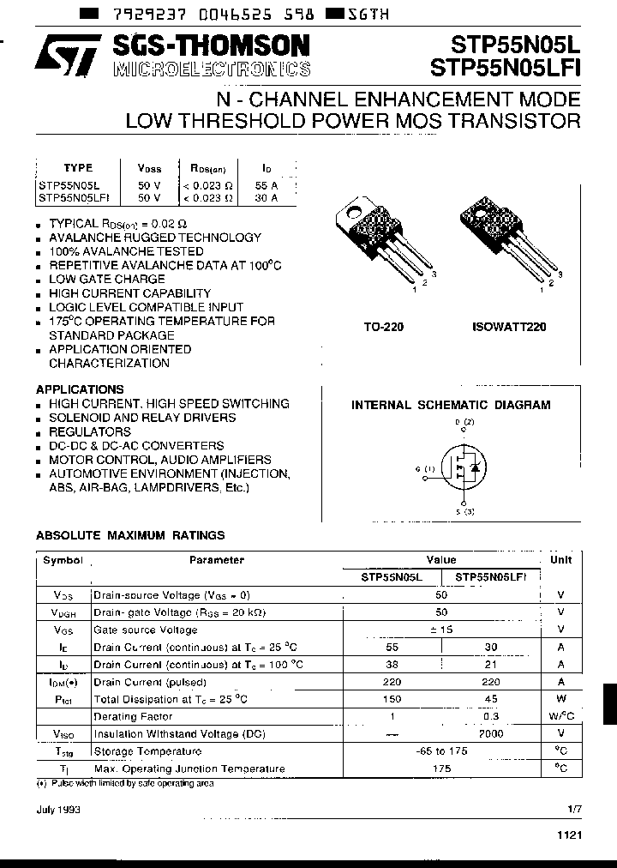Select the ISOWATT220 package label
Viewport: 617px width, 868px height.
tap(509, 327)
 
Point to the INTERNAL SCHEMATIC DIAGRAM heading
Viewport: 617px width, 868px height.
tap(451, 406)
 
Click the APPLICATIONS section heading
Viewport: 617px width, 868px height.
tap(81, 389)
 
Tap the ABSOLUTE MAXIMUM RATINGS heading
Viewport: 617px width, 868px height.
tap(130, 535)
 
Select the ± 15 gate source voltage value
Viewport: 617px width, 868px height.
tap(442, 629)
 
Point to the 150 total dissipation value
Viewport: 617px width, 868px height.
tap(392, 699)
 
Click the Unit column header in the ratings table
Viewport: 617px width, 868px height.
tap(560, 559)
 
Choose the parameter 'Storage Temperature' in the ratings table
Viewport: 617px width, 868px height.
tap(147, 751)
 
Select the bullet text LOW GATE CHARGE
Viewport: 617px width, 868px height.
tap(107, 280)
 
